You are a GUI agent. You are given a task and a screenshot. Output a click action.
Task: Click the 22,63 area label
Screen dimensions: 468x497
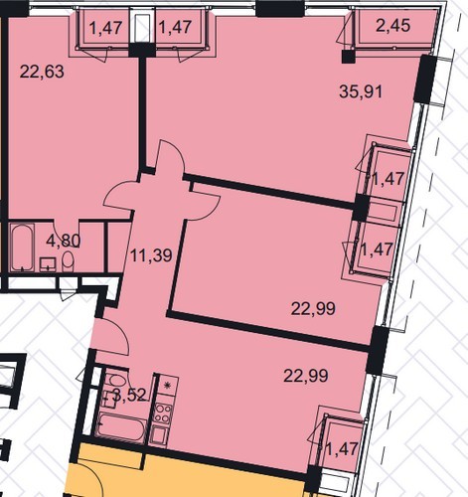(42, 72)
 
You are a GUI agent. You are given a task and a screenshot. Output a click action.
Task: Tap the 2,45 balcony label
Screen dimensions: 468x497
(393, 25)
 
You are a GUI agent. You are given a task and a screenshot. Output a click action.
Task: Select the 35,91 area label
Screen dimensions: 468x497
(361, 91)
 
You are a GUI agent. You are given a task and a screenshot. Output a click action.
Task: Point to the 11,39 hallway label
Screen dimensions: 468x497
(151, 255)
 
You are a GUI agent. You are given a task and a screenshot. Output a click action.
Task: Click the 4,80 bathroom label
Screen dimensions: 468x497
(64, 241)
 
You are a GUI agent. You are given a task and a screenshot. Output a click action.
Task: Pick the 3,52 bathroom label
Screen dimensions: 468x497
(129, 395)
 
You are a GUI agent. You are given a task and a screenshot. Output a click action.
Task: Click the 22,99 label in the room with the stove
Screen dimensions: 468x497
(306, 376)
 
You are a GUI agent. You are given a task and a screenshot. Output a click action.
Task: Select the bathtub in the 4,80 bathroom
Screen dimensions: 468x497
(22, 248)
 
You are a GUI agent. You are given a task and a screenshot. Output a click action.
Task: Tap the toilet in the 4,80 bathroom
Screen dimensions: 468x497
(68, 261)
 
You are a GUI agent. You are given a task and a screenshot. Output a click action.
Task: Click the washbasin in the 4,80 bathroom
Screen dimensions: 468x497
(48, 264)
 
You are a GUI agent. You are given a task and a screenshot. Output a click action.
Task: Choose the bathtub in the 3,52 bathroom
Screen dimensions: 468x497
(122, 427)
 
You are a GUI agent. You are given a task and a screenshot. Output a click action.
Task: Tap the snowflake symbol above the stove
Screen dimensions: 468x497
(167, 386)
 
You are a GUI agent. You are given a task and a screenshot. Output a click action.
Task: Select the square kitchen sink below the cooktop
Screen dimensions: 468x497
(160, 434)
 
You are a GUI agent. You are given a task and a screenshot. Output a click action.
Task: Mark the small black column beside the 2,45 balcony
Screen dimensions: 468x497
(348, 57)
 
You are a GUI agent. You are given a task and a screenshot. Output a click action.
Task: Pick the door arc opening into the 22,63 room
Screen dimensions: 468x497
(118, 196)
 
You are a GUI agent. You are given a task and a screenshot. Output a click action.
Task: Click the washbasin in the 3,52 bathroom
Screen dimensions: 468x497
(107, 399)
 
